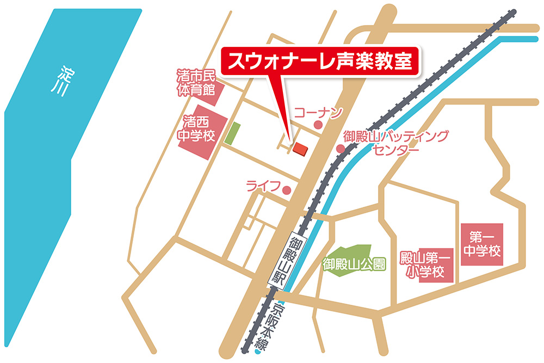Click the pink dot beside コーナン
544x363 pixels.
click(318, 125)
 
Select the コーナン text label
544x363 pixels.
click(318, 113)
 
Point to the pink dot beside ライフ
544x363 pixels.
click(287, 190)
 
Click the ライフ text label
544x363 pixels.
click(263, 187)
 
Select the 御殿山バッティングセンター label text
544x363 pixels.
click(397, 143)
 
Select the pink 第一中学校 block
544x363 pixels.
click(481, 245)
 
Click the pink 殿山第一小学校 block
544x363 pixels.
click(427, 264)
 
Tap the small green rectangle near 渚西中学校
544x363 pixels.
click(233, 133)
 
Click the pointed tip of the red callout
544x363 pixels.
click(289, 139)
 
